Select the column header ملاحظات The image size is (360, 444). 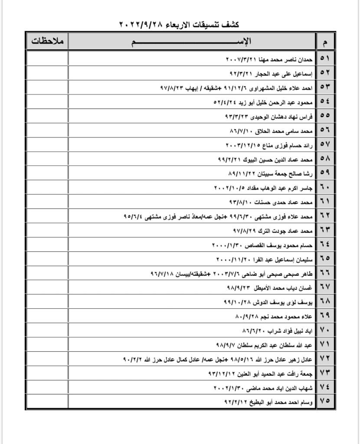[47, 42]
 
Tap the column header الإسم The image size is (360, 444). [192, 42]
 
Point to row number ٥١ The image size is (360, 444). [325, 58]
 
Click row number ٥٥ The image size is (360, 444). [325, 115]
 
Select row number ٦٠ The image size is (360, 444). [325, 187]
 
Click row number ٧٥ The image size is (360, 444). [325, 401]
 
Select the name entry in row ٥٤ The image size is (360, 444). [265, 101]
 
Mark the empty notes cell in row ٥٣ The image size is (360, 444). [47, 87]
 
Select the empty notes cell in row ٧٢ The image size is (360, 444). [47, 359]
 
